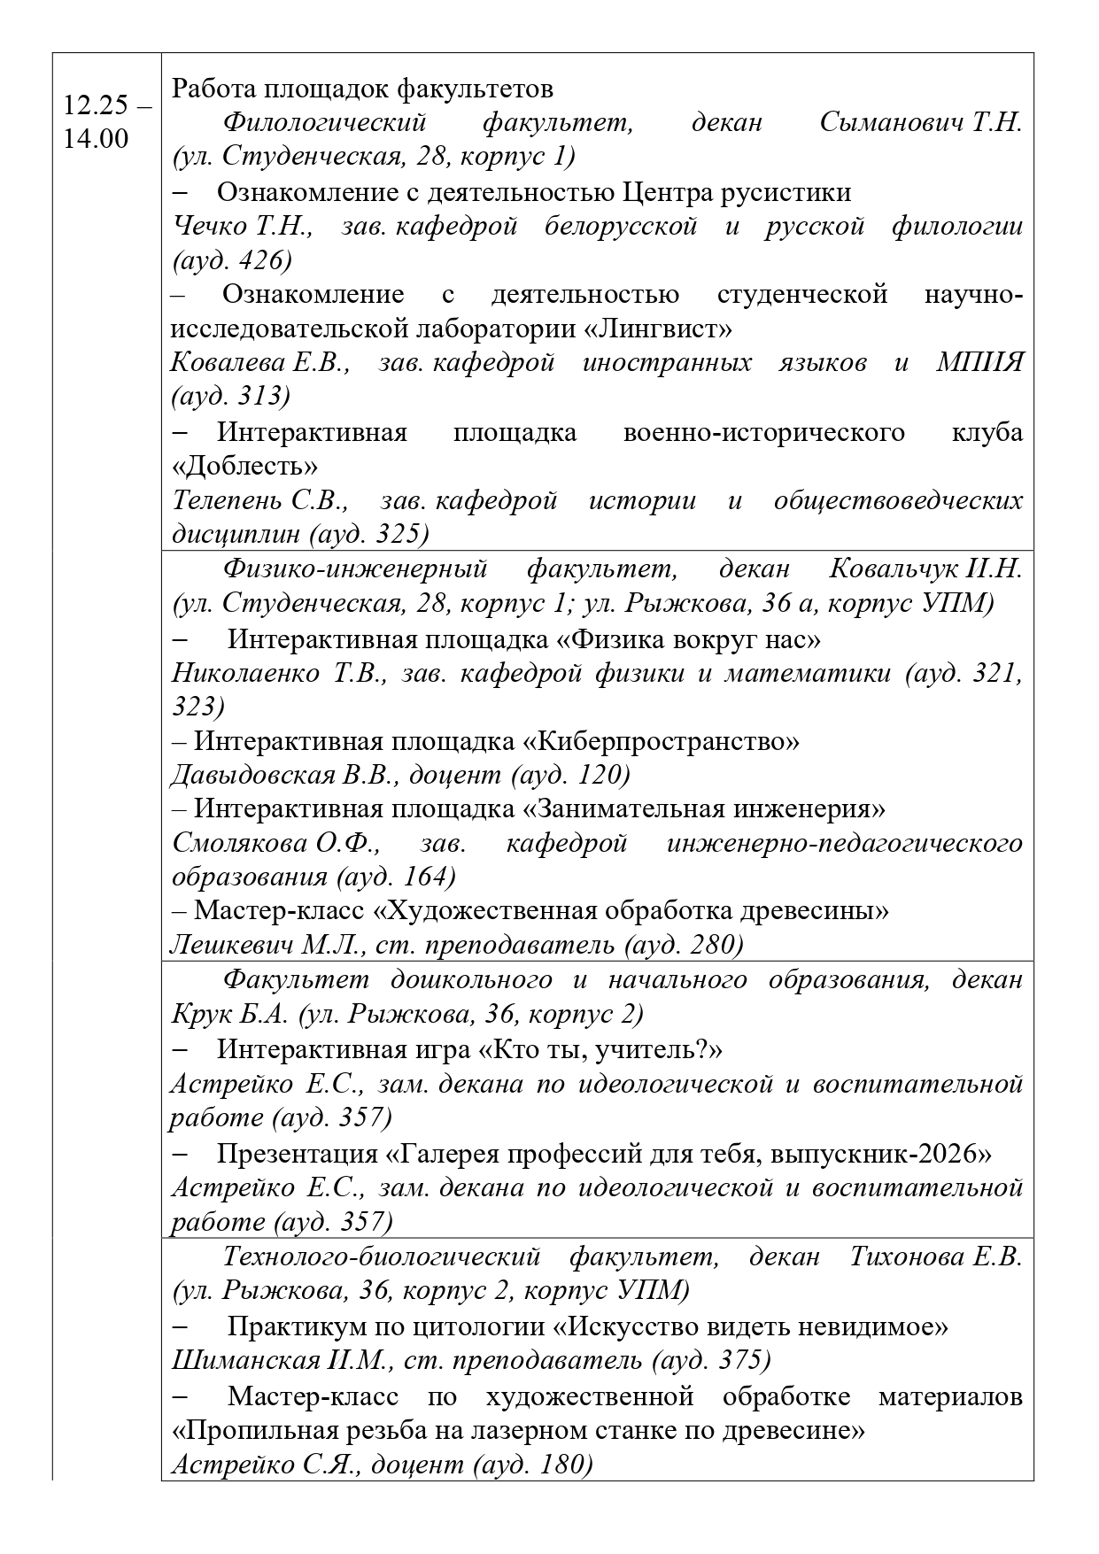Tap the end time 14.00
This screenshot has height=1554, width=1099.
click(95, 139)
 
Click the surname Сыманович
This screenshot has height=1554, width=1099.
click(892, 122)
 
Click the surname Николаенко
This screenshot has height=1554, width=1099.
click(245, 673)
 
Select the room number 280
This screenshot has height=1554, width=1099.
click(708, 945)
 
